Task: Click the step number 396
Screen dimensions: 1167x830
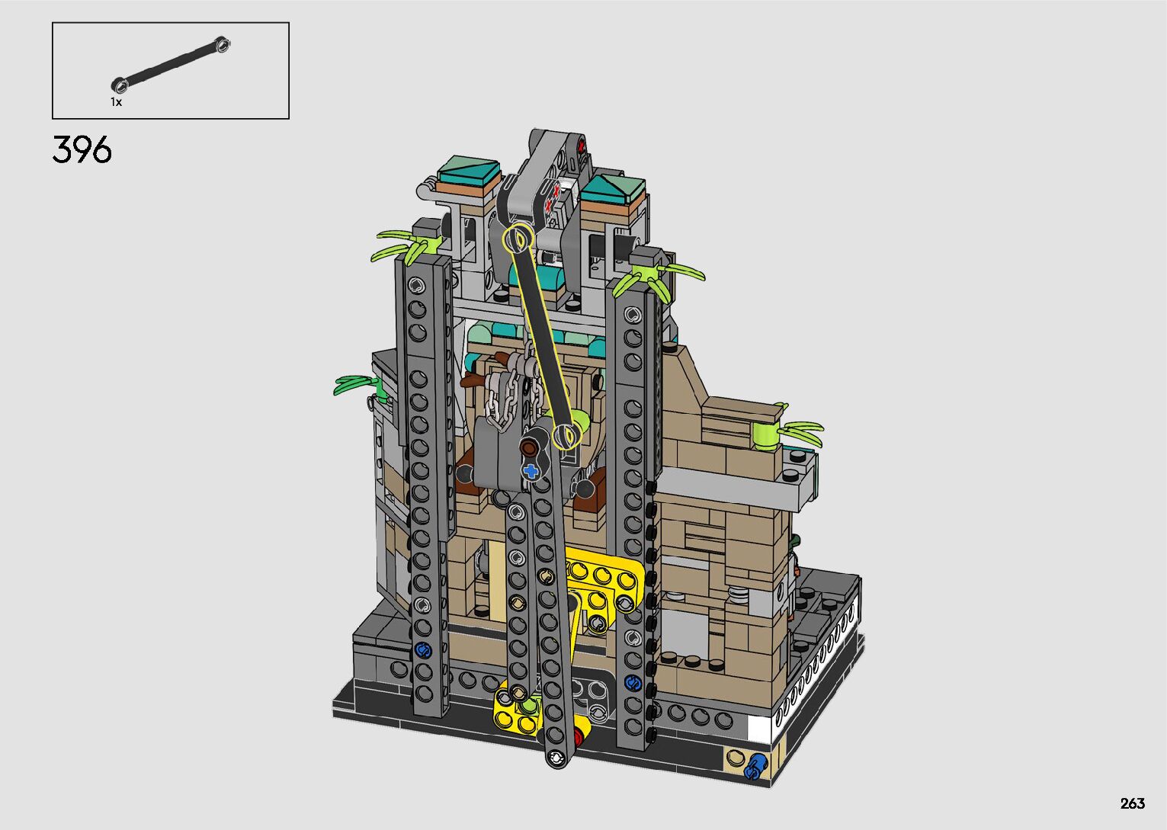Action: point(82,149)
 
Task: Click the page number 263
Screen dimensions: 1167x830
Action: point(1133,803)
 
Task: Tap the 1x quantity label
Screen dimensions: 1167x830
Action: point(116,102)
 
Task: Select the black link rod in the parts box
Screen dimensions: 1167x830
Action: point(171,65)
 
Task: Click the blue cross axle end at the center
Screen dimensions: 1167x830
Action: point(531,472)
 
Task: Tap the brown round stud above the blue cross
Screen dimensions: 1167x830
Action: point(530,447)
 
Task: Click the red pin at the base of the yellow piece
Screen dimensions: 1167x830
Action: point(577,737)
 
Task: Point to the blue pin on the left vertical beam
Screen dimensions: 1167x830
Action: point(422,650)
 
